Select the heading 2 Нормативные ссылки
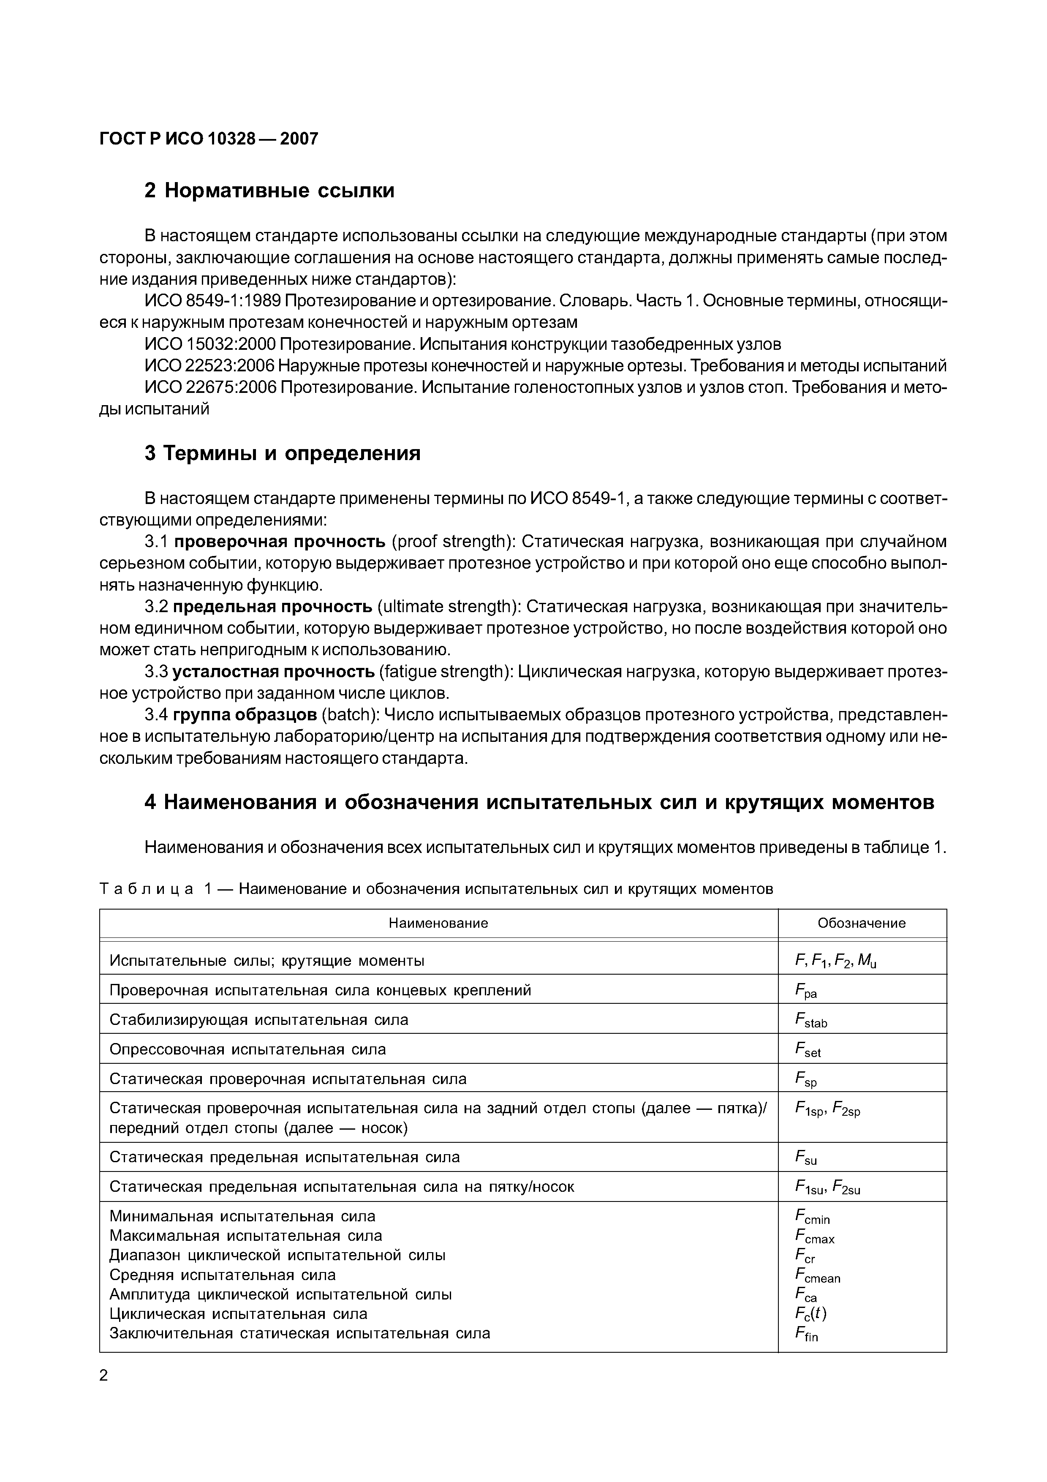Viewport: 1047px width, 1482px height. pos(269,191)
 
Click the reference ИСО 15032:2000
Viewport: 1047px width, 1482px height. pos(209,344)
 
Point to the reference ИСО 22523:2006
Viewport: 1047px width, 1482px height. pos(209,366)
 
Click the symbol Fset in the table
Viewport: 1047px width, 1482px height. pos(808,1050)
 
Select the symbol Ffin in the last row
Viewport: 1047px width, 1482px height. pos(806,1334)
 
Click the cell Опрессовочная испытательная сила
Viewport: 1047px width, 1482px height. pos(248,1049)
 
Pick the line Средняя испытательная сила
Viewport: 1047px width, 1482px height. pos(223,1275)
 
